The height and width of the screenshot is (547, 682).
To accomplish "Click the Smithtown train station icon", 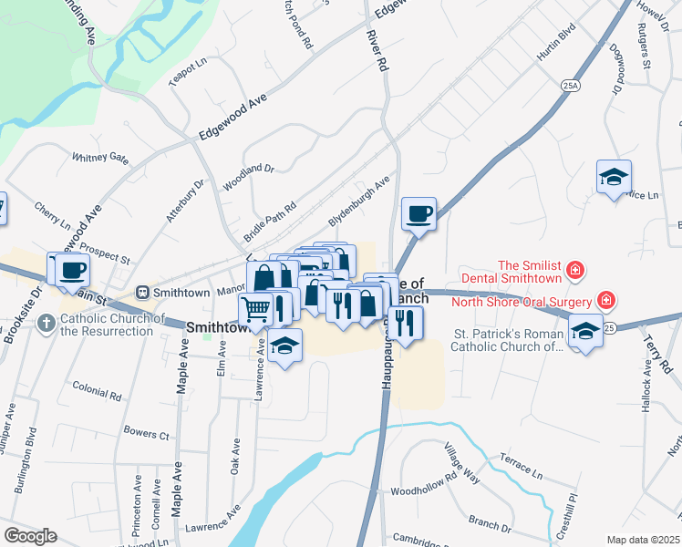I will (x=142, y=292).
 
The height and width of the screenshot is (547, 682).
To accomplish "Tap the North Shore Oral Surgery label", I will (x=528, y=301).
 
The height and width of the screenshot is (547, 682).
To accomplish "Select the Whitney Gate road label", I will (x=101, y=158).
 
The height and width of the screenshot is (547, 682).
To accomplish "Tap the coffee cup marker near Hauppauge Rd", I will (x=418, y=214).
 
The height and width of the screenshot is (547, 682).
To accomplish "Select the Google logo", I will (x=30, y=536).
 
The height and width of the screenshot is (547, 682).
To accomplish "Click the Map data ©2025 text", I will (x=643, y=540).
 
